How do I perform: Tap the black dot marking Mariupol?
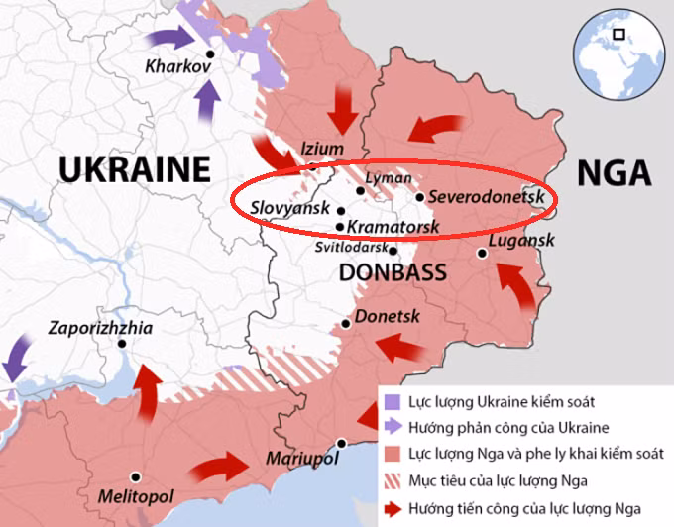(341, 443)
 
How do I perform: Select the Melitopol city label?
(135, 494)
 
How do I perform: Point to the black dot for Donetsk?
(346, 324)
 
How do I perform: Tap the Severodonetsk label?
(488, 196)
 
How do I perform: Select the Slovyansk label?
(289, 209)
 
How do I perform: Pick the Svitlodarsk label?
(352, 248)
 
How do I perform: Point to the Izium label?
(322, 149)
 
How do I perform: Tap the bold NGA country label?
(614, 172)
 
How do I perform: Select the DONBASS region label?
(393, 271)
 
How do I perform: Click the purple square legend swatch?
(392, 402)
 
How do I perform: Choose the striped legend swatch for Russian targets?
(392, 482)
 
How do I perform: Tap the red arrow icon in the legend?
(392, 509)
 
